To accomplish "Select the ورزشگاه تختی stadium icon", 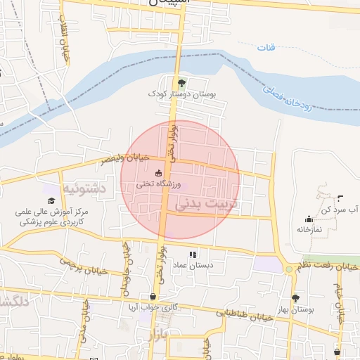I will [x=158, y=174].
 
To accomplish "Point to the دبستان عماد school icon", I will [x=193, y=255].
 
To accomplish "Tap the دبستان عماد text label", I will [x=193, y=265].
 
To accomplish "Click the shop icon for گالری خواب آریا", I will [x=153, y=297].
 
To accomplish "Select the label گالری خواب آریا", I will [x=153, y=307].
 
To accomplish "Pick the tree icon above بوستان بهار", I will [x=295, y=298].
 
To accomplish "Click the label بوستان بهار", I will [x=295, y=309].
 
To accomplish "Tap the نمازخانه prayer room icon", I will [x=309, y=219].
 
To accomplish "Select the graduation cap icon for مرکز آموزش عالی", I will [x=51, y=202].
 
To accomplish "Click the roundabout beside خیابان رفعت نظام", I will [x=288, y=269].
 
